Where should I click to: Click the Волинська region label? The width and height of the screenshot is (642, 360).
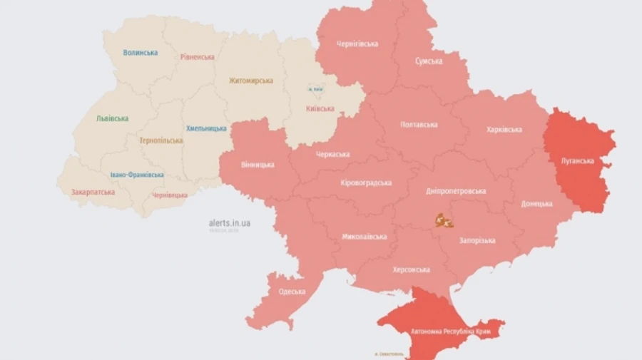point(140,53)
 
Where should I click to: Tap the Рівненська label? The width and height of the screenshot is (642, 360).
point(198,56)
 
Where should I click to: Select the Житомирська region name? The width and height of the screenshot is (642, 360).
point(250,81)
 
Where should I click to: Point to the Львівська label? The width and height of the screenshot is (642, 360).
point(112,118)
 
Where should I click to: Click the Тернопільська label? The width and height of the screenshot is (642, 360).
point(160,140)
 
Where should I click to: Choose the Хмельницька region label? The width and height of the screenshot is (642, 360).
point(206,128)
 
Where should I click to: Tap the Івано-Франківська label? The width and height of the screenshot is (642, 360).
point(137,175)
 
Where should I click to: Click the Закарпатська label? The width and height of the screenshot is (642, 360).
point(93,192)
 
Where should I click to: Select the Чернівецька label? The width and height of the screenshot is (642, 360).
point(170,195)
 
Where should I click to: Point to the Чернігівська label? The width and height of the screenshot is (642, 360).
point(357,44)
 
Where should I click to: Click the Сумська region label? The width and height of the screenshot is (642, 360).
point(429,61)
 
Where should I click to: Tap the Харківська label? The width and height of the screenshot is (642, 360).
point(504,130)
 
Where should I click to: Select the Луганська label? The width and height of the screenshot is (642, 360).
point(577,160)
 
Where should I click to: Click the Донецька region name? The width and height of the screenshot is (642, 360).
point(536,204)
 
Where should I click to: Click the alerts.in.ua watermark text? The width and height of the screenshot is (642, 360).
point(229,223)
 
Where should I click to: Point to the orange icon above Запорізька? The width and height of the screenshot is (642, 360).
point(444,222)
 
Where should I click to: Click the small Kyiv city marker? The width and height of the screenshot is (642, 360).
point(315,89)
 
